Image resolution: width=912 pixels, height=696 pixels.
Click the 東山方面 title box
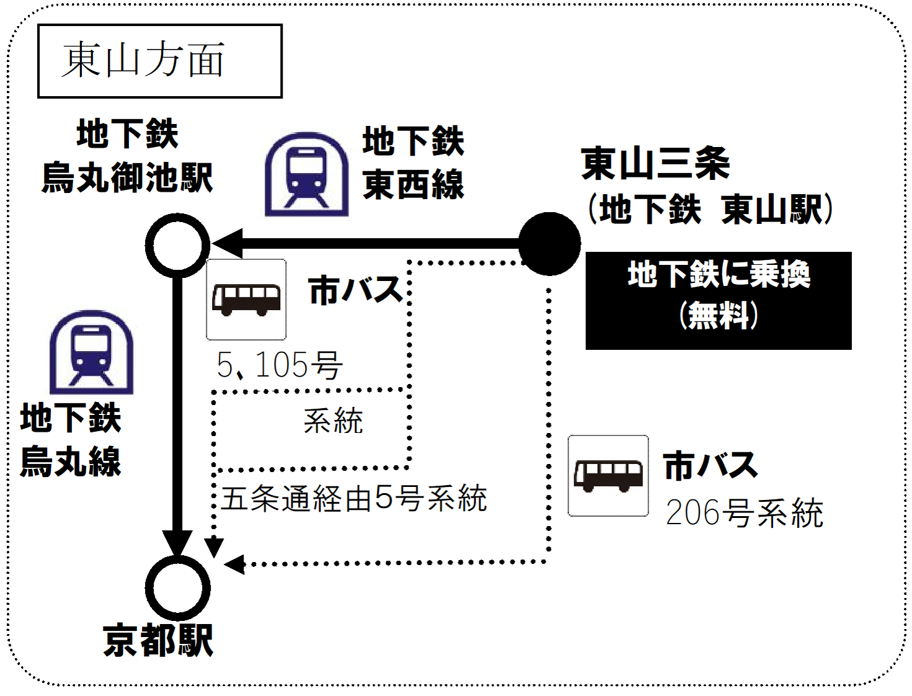[x=159, y=61]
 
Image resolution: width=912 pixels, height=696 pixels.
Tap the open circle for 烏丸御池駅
[x=177, y=245]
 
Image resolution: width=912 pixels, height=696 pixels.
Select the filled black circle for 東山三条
[x=549, y=244]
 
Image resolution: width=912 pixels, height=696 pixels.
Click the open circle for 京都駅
[x=177, y=587]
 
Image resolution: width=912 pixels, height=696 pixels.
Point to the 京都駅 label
[x=158, y=641]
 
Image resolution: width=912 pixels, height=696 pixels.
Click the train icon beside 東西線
[x=306, y=174]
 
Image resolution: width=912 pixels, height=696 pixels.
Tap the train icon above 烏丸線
[x=91, y=352]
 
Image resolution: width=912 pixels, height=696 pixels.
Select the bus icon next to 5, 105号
[x=246, y=300]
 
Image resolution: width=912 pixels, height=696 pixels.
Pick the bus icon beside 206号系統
[x=608, y=476]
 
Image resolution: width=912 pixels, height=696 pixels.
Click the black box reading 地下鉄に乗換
[x=718, y=300]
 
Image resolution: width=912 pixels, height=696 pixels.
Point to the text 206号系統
[x=744, y=513]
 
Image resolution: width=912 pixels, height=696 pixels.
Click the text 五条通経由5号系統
[x=353, y=498]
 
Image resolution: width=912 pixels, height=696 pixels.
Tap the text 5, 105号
[x=279, y=365]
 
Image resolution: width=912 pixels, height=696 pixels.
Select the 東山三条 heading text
[x=655, y=164]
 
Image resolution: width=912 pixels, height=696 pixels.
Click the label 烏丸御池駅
[x=127, y=178]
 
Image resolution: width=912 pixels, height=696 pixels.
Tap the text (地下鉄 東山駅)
[x=711, y=210]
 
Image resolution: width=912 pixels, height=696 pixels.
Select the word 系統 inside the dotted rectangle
[x=333, y=421]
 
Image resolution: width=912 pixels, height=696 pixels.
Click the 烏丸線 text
[x=71, y=462]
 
